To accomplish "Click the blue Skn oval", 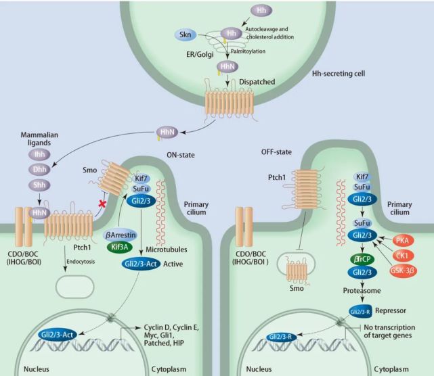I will pos(184,34).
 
